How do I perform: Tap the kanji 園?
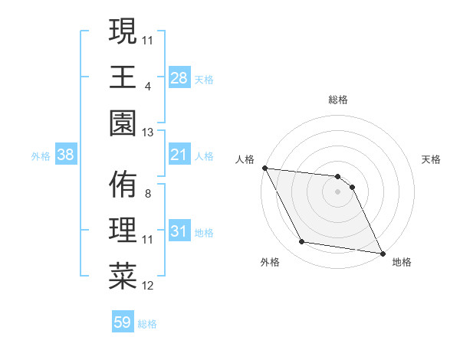tap(123, 121)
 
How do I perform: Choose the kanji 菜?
tap(123, 275)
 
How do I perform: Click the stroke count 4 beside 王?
tap(147, 86)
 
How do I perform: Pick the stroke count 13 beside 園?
tap(147, 132)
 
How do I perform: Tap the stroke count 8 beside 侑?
tap(147, 194)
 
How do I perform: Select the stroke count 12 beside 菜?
tap(147, 286)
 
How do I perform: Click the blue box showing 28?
tap(179, 77)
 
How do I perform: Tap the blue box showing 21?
tap(179, 155)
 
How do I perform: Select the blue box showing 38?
tap(66, 155)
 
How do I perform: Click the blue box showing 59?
tap(123, 322)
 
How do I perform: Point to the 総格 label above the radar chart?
tap(338, 100)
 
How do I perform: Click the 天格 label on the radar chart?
tap(432, 159)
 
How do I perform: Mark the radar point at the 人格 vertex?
tap(264, 168)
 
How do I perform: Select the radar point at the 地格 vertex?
tap(382, 253)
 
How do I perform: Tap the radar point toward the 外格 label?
tap(302, 242)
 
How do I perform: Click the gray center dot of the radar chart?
tap(338, 191)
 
